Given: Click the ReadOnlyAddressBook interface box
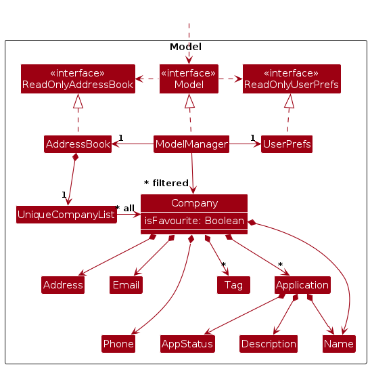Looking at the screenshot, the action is tap(78, 79).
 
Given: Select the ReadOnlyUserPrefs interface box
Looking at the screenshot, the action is tap(292, 79).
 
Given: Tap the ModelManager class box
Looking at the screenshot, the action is tap(191, 144).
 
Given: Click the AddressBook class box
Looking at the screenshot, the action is tap(78, 144).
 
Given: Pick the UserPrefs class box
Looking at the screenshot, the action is tap(287, 144).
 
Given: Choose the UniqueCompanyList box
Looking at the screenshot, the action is tap(66, 215).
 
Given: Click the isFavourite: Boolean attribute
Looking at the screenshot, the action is tap(194, 221).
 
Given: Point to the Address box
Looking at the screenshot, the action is tap(63, 285).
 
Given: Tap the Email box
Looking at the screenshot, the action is tap(126, 285).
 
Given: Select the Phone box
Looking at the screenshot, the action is tap(118, 344).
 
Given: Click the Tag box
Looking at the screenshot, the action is tap(233, 285).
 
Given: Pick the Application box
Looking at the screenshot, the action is tap(302, 285).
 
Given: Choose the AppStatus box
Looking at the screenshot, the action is tap(187, 344).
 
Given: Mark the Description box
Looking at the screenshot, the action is tap(269, 344).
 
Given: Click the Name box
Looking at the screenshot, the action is tap(339, 344).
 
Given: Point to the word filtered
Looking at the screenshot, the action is tap(170, 183).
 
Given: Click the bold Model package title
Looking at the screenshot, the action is tap(185, 47).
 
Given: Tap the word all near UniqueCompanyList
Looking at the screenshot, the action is tap(129, 209).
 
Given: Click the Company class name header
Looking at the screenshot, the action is tap(194, 203).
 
